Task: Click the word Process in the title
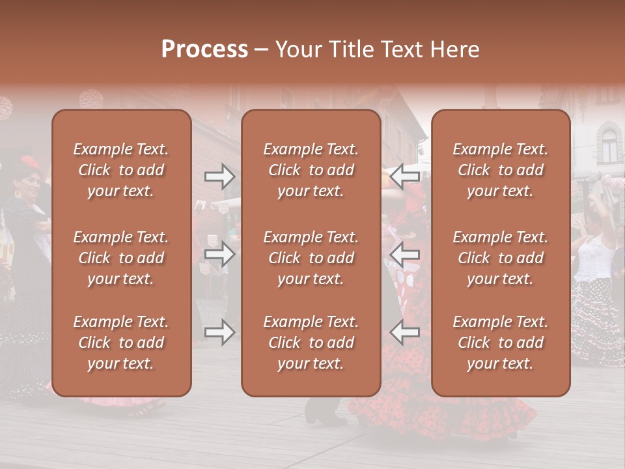[x=204, y=50]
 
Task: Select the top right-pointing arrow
[x=219, y=176]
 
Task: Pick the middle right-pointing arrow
[x=219, y=254]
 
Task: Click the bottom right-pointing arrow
[x=219, y=332]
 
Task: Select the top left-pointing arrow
[x=405, y=176]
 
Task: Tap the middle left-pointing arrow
[x=405, y=254]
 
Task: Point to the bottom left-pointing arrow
[x=405, y=332]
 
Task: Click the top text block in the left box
[x=121, y=170]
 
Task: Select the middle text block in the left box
[x=121, y=258]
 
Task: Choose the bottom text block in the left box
[x=121, y=343]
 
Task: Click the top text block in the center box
[x=311, y=170]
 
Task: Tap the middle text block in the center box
[x=311, y=258]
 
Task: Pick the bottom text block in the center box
[x=311, y=343]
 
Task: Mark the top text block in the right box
[x=500, y=170]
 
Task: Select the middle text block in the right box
[x=500, y=258]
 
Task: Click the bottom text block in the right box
[x=500, y=343]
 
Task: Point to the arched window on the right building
[x=609, y=145]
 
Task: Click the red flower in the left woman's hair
[x=30, y=162]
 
